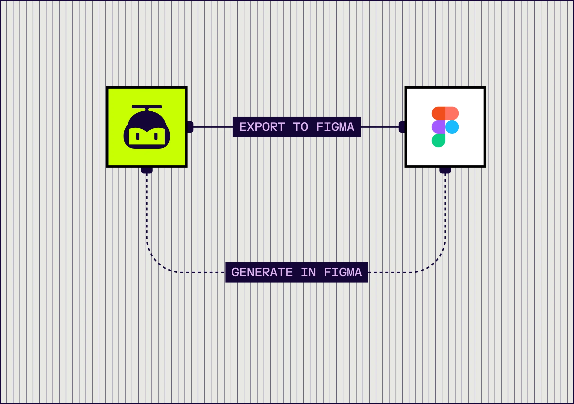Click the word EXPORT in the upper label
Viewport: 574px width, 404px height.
pos(262,127)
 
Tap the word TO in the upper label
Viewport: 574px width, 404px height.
pos(300,127)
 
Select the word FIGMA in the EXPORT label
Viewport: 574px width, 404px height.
pos(335,127)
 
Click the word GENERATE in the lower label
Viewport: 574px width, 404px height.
pos(262,272)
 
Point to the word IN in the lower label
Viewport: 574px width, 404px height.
pos(308,272)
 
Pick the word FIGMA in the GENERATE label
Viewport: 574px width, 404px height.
pos(343,272)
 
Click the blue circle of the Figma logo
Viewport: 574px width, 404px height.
pos(452,127)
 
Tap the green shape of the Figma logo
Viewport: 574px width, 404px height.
pos(438,141)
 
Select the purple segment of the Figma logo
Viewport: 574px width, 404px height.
pos(438,127)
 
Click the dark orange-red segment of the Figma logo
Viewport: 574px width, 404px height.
pos(438,113)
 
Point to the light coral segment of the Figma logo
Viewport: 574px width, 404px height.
pos(452,113)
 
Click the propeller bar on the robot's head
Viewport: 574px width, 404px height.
pos(147,107)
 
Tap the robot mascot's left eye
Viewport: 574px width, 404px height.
pos(138,136)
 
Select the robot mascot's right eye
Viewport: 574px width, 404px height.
pos(156,136)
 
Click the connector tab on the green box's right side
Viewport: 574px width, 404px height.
pos(191,127)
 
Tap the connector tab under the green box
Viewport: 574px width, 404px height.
pos(147,170)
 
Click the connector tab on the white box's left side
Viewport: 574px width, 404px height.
pos(402,127)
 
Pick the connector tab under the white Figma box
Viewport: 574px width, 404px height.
pos(445,170)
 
